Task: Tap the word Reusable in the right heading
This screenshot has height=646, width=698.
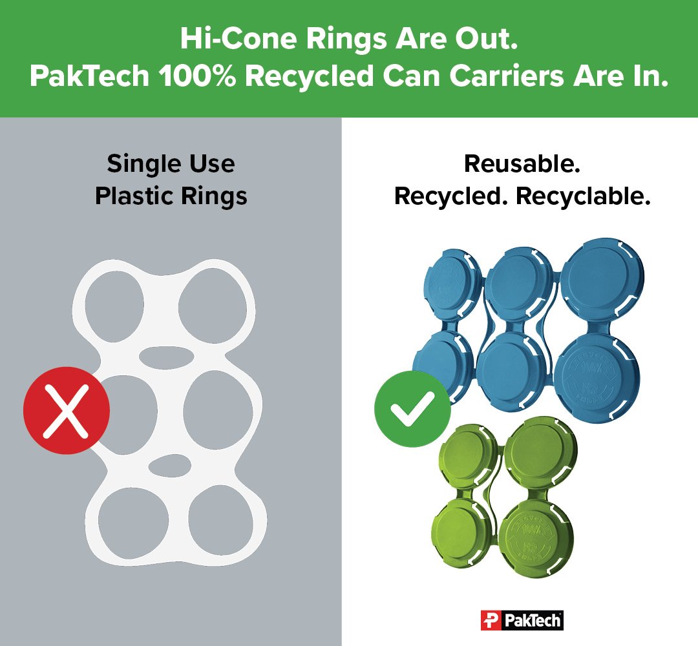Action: [x=522, y=164]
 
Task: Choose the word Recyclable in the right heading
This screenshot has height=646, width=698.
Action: [x=583, y=196]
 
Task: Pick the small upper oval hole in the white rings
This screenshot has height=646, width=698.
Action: [x=166, y=355]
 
